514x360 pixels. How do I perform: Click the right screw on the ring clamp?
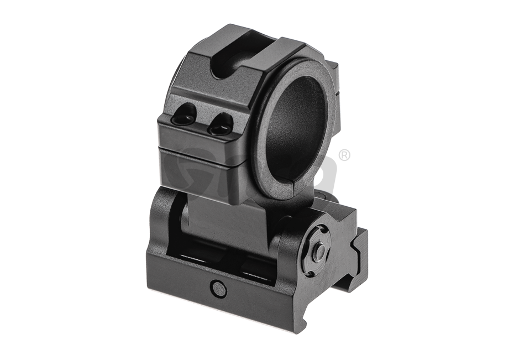(x=218, y=124)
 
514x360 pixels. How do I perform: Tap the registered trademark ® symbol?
(x=345, y=156)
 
